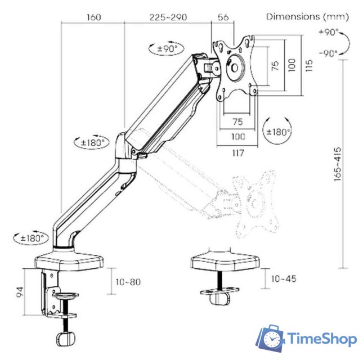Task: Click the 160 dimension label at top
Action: (x=94, y=17)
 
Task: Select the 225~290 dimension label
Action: (x=168, y=17)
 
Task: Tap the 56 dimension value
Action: (x=223, y=17)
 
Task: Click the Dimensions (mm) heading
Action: (x=307, y=17)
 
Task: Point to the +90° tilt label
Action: (x=329, y=32)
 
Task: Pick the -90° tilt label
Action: (x=328, y=53)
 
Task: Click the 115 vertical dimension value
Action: (x=309, y=65)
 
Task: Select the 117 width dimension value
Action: (x=238, y=153)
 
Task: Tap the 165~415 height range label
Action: (x=338, y=164)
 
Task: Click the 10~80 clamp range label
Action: (x=128, y=282)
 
